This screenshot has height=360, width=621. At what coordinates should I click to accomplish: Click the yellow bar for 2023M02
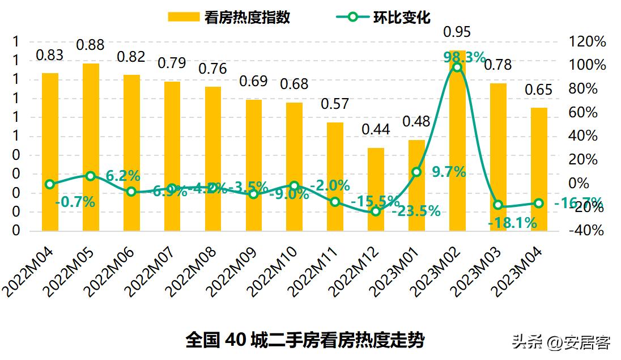457,142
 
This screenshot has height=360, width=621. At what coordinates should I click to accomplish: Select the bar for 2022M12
376,189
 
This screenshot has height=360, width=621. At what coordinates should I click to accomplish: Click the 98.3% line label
464,57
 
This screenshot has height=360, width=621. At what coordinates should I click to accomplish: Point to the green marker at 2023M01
416,172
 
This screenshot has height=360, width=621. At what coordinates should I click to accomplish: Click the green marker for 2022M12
376,211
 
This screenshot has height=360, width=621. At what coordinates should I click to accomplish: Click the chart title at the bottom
305,340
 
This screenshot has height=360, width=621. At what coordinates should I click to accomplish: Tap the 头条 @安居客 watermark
561,342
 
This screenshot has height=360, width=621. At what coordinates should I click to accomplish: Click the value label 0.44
376,129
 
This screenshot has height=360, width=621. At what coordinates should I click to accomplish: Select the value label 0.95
457,31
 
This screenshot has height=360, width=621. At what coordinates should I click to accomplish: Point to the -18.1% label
512,223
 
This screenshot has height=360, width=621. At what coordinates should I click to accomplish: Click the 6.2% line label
123,176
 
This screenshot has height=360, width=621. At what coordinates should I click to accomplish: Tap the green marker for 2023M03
498,205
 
